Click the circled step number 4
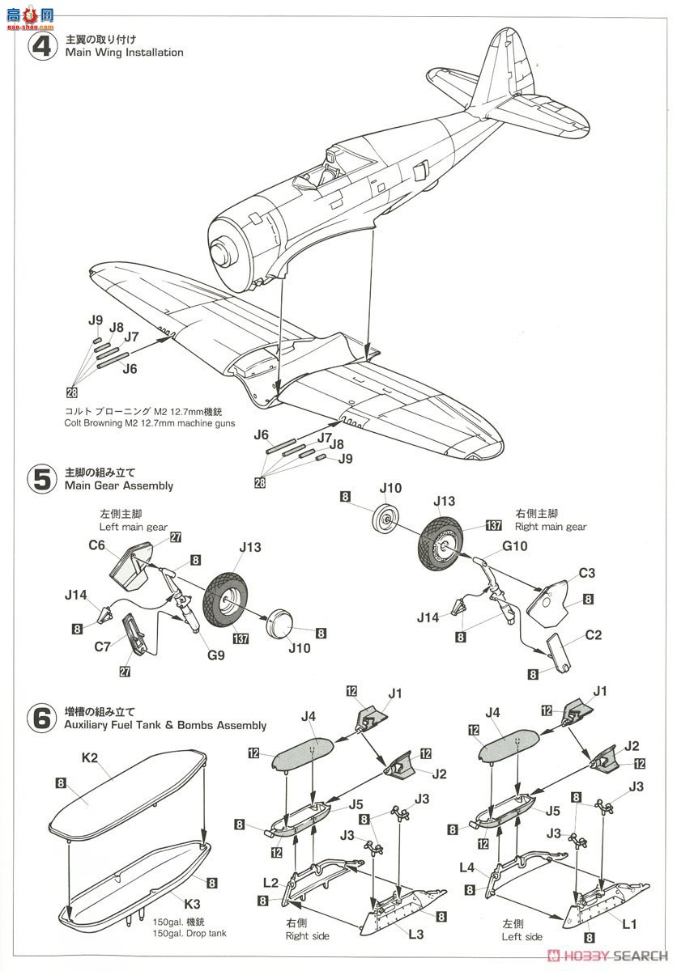click(x=40, y=46)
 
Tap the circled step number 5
click(x=40, y=478)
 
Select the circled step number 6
click(x=40, y=719)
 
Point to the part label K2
click(x=89, y=758)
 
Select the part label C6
click(x=97, y=545)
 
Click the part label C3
click(x=586, y=573)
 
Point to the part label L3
click(x=416, y=935)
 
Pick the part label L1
click(x=630, y=922)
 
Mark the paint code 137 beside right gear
click(x=493, y=526)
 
